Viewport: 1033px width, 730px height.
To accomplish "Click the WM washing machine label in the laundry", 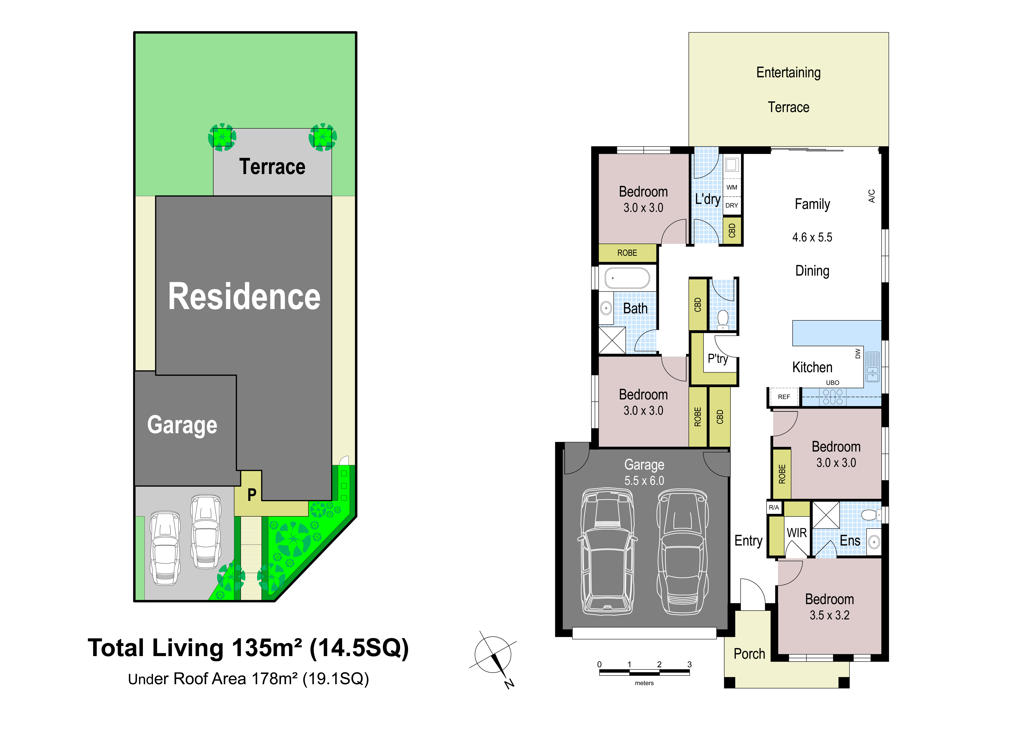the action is click(x=732, y=187).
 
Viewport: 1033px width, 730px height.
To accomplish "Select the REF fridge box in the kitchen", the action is click(x=784, y=397).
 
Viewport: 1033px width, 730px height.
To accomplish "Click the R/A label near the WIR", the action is click(x=774, y=507).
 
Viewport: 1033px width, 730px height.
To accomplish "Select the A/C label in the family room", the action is click(x=871, y=196).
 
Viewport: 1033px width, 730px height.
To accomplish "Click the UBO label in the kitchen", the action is click(x=832, y=383).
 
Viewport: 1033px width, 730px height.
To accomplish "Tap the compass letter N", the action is click(x=509, y=684).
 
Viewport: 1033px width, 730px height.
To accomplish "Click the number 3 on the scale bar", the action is click(x=689, y=664).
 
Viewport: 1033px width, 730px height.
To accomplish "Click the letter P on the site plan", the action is click(x=252, y=495).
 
